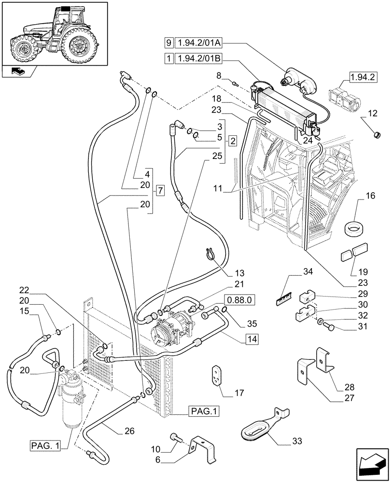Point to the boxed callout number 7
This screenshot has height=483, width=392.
pyautogui.click(x=161, y=191)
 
